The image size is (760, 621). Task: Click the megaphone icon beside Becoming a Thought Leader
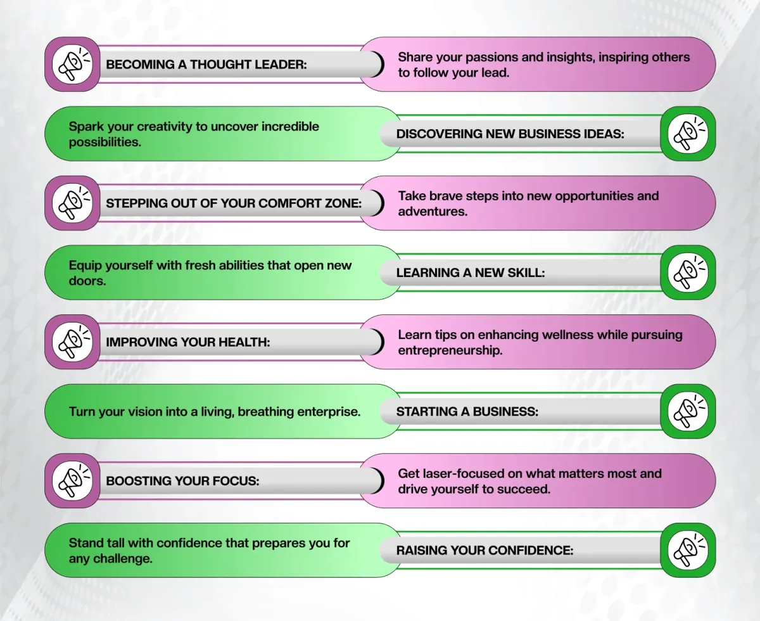pos(72,64)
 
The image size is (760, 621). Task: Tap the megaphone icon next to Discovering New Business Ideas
pos(688,134)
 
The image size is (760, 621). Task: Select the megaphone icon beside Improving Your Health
pos(72,342)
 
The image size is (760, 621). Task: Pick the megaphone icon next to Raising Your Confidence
pos(688,550)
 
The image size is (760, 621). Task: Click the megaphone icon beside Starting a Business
pos(688,411)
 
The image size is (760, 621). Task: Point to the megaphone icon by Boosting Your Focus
pos(72,481)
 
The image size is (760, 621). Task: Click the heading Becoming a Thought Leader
pos(206,65)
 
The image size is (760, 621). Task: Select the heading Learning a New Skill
pos(471,273)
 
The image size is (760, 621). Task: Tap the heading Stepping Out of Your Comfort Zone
pos(234,203)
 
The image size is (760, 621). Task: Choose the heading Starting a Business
pos(467,412)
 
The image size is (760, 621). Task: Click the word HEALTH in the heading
pos(244,342)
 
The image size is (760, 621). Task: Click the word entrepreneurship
pos(450,350)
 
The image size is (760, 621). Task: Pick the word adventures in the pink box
pos(433,211)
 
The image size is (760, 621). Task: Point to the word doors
pos(87,281)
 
